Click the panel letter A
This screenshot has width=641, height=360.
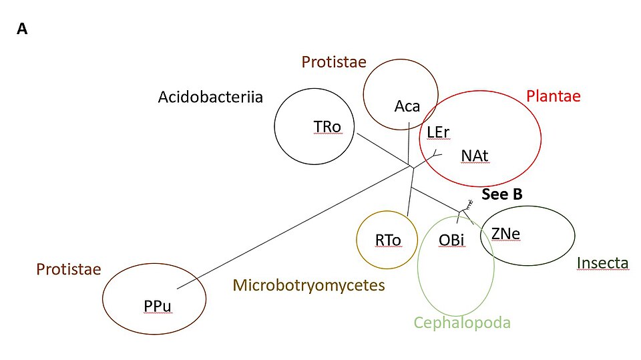22,29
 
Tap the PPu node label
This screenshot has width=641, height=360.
158,306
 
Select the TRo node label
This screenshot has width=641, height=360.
327,127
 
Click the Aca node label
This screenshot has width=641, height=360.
407,106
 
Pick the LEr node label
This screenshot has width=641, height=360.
438,132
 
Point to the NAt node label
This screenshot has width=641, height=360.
475,156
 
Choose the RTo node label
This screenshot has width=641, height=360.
388,240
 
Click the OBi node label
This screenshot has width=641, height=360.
451,240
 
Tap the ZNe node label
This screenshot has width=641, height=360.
505,234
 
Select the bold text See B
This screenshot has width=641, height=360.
502,194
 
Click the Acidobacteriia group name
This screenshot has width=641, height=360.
210,97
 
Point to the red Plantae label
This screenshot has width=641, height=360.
554,96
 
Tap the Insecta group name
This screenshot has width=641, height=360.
602,263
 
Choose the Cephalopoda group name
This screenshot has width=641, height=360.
462,323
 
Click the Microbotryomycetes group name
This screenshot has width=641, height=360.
309,285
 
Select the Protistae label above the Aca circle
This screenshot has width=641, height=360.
334,61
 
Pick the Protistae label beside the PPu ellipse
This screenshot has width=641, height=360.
69,269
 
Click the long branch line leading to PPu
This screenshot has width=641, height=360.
294,228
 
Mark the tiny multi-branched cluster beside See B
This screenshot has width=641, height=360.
469,204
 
